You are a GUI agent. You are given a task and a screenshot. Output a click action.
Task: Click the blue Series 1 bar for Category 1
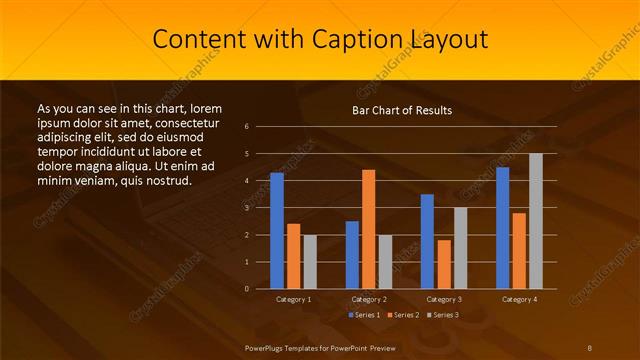(x=277, y=230)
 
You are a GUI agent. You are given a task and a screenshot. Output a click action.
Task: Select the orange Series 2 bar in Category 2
(x=369, y=229)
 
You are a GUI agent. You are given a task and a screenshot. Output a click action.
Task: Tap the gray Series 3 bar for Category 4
(x=536, y=221)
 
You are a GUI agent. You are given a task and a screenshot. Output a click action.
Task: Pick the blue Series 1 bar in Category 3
(x=427, y=241)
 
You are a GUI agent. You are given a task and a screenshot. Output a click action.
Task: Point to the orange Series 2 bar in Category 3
(x=444, y=264)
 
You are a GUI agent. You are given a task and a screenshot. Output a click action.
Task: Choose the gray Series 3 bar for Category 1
(x=310, y=261)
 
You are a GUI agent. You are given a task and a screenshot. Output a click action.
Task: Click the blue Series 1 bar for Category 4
(x=503, y=227)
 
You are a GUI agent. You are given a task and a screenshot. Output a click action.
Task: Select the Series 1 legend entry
(x=364, y=315)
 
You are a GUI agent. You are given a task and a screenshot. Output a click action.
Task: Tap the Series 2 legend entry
(x=402, y=315)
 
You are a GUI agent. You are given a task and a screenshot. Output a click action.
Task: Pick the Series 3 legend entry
(x=441, y=315)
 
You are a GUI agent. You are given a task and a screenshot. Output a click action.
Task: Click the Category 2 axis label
(x=369, y=299)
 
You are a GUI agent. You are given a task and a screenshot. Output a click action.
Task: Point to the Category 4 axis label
(x=519, y=299)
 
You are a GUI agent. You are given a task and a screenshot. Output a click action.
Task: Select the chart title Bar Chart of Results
(x=401, y=110)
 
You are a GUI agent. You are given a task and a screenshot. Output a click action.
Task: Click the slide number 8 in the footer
(x=590, y=347)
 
